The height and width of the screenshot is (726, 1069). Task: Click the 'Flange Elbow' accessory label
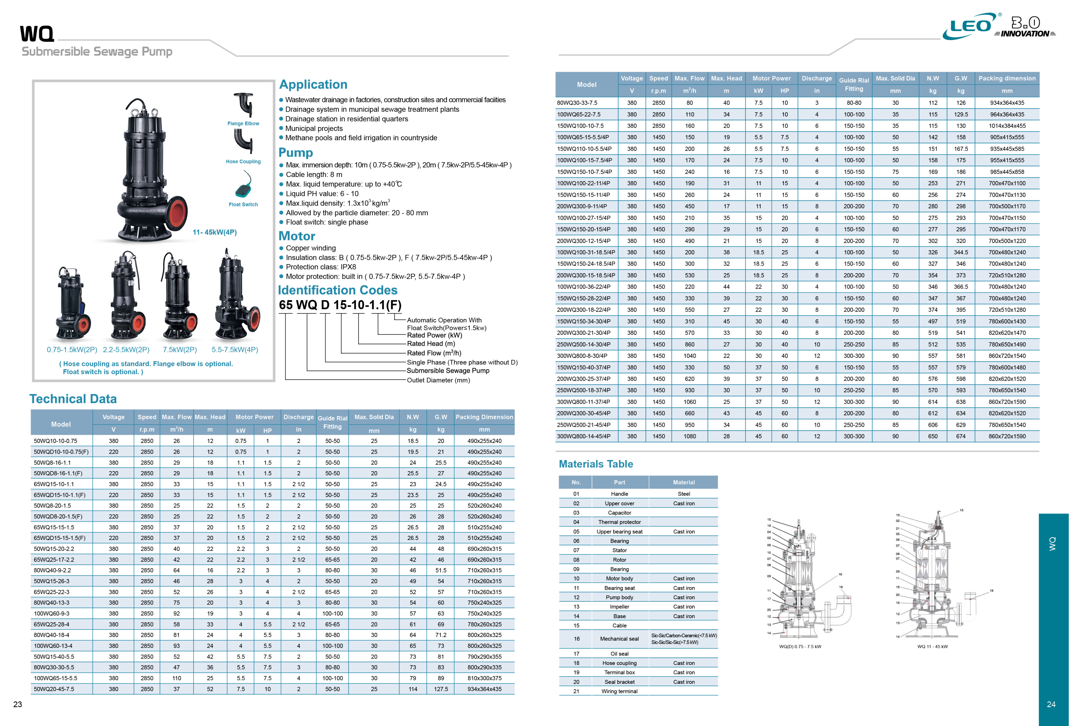pyautogui.click(x=243, y=123)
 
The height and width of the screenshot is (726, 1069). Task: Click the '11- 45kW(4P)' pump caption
pyautogui.click(x=214, y=232)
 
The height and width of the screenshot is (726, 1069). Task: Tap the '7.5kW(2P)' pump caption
pyautogui.click(x=179, y=350)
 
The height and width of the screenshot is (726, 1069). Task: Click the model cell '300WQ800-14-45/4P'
pyautogui.click(x=583, y=436)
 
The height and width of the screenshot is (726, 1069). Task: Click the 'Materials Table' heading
pyautogui.click(x=596, y=464)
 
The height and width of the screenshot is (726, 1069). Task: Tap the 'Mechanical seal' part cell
pyautogui.click(x=619, y=639)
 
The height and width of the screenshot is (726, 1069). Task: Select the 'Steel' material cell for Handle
pyautogui.click(x=684, y=494)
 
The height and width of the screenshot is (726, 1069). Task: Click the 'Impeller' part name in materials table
pyautogui.click(x=619, y=607)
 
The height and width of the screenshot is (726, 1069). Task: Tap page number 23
pyautogui.click(x=17, y=704)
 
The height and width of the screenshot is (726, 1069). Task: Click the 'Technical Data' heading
pyautogui.click(x=73, y=399)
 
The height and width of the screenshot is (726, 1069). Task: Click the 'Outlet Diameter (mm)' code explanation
pyautogui.click(x=438, y=380)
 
